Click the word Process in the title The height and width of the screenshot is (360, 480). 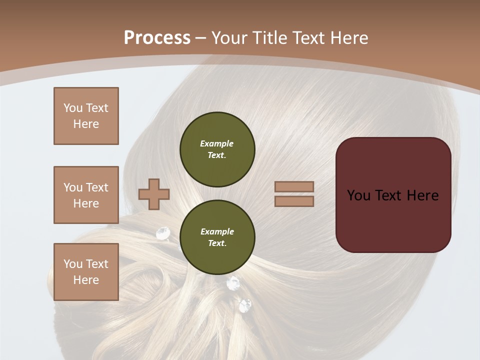[157, 37]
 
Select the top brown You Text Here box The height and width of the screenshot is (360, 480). [86, 116]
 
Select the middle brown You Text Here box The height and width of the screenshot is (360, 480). [86, 195]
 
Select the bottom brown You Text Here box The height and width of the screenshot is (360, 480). [86, 271]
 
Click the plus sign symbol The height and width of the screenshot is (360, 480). [154, 194]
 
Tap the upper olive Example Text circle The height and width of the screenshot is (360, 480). [217, 149]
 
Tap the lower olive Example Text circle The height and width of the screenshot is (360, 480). [217, 237]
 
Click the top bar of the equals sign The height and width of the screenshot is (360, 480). [294, 187]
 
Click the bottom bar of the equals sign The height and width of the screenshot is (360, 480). [294, 201]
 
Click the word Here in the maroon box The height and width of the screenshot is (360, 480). [422, 195]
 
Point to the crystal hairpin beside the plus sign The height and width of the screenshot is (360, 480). [163, 232]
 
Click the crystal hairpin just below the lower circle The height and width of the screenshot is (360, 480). [233, 283]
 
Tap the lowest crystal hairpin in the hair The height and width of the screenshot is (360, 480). [245, 305]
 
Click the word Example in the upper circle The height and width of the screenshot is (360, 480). [217, 143]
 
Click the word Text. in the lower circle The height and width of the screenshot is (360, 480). [217, 243]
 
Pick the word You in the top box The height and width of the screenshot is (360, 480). [73, 108]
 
